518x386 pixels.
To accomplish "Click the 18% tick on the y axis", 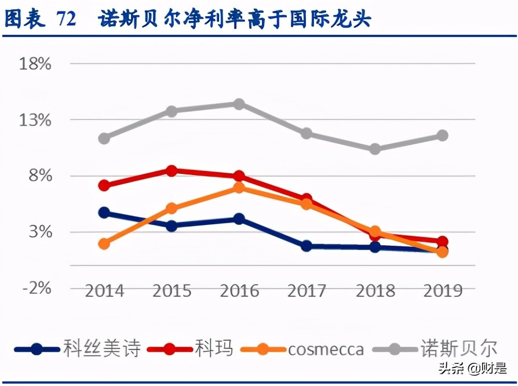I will pos(35,64).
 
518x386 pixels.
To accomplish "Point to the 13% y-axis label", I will pos(35,120).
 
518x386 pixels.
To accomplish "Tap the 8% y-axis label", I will pos(40,176).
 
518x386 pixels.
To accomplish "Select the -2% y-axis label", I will pos(35,288).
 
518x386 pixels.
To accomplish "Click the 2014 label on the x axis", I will pos(104,290).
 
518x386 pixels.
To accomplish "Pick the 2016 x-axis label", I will pos(239,290).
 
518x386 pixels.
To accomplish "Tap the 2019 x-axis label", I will pos(442,290).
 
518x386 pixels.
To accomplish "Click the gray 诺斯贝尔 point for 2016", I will pos(239,104).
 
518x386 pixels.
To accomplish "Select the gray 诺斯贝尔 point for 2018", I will pos(375,149).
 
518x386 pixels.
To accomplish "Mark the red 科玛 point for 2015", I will pos(172,170).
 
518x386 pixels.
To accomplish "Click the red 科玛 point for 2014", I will pos(104,185).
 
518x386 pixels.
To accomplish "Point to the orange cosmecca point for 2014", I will pos(104,244).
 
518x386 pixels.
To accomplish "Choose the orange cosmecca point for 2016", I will pos(239,188).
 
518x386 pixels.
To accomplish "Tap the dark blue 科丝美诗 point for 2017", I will pos(307,246).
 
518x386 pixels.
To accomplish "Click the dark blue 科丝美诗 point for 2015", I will pos(172,225).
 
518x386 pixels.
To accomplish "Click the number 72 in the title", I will pos(67,19).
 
